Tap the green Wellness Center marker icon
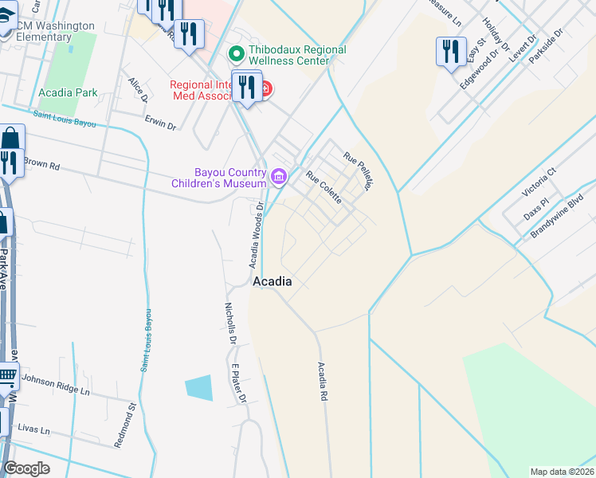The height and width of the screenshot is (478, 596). click(x=236, y=55)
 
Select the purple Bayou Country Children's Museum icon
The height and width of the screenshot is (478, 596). click(x=279, y=177)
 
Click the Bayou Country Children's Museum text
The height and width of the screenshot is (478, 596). click(x=218, y=178)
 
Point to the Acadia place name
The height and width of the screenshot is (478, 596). click(x=272, y=282)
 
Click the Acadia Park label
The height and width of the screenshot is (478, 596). click(x=68, y=92)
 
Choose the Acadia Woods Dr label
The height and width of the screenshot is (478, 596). click(x=256, y=237)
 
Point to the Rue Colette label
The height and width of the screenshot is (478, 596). click(x=324, y=187)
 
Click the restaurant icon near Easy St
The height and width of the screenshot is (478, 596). click(x=451, y=52)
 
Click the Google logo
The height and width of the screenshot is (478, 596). click(x=26, y=468)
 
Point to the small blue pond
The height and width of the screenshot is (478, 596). click(x=199, y=387)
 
